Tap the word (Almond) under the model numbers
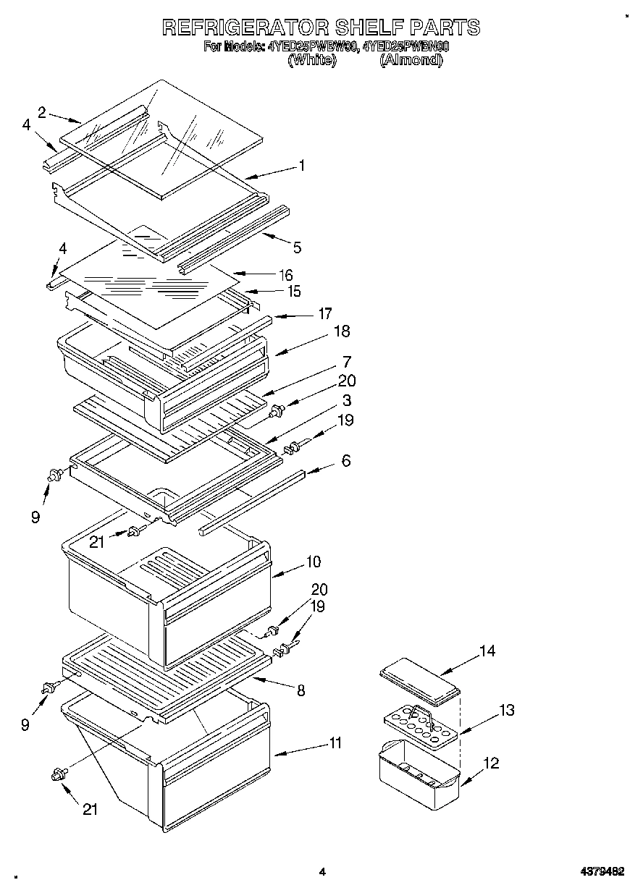tap(411, 61)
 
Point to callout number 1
tap(302, 166)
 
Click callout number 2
tap(42, 111)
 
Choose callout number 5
tap(297, 247)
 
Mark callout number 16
tap(286, 275)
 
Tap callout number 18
tap(341, 331)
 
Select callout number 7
tap(347, 361)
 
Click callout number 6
tap(346, 460)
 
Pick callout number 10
tap(313, 561)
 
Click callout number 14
tap(487, 651)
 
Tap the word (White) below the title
tap(312, 61)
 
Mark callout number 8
tap(301, 690)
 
